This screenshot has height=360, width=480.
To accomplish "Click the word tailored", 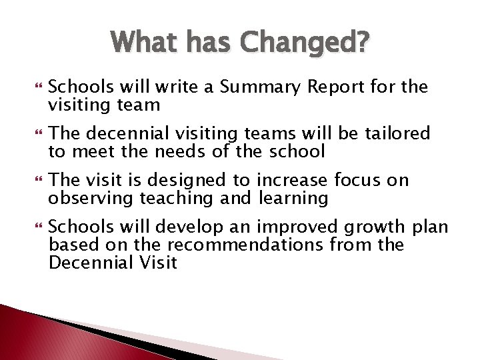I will click(396, 134).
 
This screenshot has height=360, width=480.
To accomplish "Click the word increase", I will click(292, 181).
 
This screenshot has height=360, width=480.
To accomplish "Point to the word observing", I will click(92, 198).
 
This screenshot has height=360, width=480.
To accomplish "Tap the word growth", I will click(364, 227).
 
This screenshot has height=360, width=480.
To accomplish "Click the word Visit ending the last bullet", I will click(157, 262).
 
